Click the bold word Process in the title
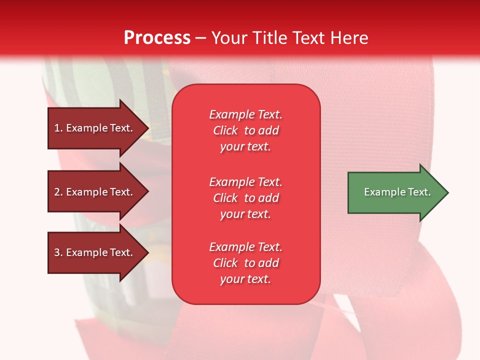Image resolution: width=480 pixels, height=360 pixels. pyautogui.click(x=157, y=38)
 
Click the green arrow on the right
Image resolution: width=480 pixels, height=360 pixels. pyautogui.click(x=395, y=192)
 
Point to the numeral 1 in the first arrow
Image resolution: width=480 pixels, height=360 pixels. pyautogui.click(x=56, y=128)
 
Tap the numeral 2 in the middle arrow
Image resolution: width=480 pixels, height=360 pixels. pyautogui.click(x=57, y=192)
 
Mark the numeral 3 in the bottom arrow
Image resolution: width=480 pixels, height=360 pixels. pyautogui.click(x=57, y=252)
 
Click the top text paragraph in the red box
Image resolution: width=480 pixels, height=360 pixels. pyautogui.click(x=245, y=130)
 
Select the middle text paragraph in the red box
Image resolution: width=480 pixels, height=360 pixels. pyautogui.click(x=245, y=198)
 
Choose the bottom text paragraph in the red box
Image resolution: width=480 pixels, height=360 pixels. pyautogui.click(x=245, y=263)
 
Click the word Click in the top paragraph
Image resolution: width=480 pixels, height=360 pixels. pyautogui.click(x=225, y=130)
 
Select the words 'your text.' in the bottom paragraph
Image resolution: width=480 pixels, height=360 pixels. pyautogui.click(x=245, y=279)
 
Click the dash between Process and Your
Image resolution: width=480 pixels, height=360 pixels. pyautogui.click(x=200, y=38)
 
